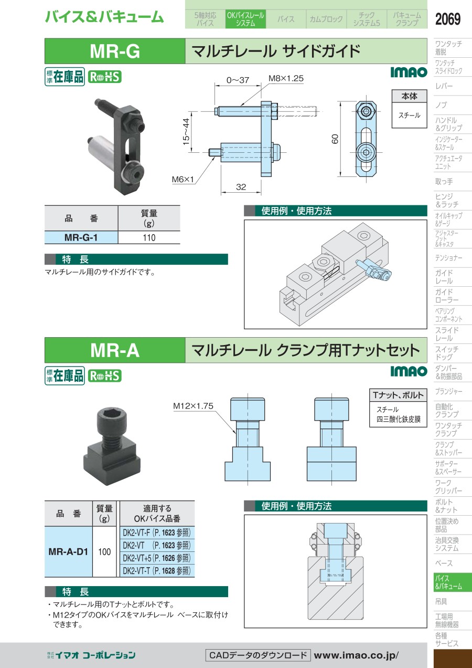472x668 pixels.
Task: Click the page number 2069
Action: (x=447, y=19)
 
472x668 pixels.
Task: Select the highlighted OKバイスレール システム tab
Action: (x=245, y=19)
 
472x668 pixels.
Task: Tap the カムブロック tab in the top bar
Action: (x=326, y=19)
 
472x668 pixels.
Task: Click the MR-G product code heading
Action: (x=115, y=51)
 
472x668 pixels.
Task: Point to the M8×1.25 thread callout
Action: (x=286, y=78)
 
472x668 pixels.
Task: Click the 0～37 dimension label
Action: (x=238, y=80)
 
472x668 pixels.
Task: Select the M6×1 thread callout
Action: (x=183, y=179)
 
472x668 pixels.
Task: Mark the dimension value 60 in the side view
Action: (x=335, y=139)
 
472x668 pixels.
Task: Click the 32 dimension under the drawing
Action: (x=241, y=187)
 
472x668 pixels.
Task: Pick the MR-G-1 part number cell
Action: (x=81, y=238)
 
